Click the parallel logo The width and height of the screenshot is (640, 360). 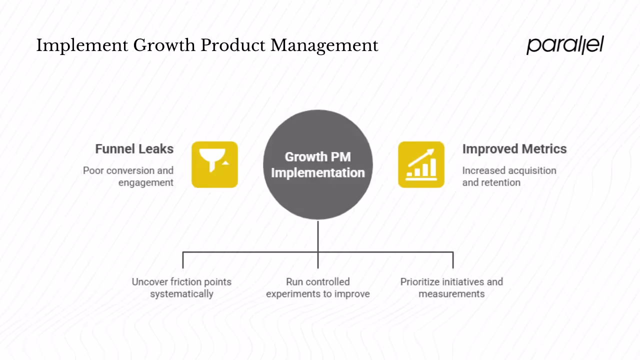(x=565, y=44)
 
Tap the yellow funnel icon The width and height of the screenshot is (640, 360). (x=214, y=164)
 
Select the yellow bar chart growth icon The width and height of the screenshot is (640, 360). (x=421, y=164)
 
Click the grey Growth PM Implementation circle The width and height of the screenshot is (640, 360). (x=318, y=164)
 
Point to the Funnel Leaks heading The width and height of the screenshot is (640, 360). (x=134, y=149)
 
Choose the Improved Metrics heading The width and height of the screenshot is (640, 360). (x=514, y=149)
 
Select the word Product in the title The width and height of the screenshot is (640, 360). (x=233, y=45)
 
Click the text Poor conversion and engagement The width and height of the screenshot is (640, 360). (x=128, y=176)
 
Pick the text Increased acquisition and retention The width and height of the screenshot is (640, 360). (x=508, y=176)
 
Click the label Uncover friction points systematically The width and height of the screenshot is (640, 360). (x=181, y=287)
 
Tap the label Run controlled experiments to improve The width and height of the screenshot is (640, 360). (x=318, y=287)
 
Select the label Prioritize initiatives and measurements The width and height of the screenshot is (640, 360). (x=451, y=287)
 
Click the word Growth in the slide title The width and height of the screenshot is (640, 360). (x=164, y=45)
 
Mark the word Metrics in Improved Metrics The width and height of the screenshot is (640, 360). (x=543, y=149)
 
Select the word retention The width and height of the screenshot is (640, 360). (x=501, y=182)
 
